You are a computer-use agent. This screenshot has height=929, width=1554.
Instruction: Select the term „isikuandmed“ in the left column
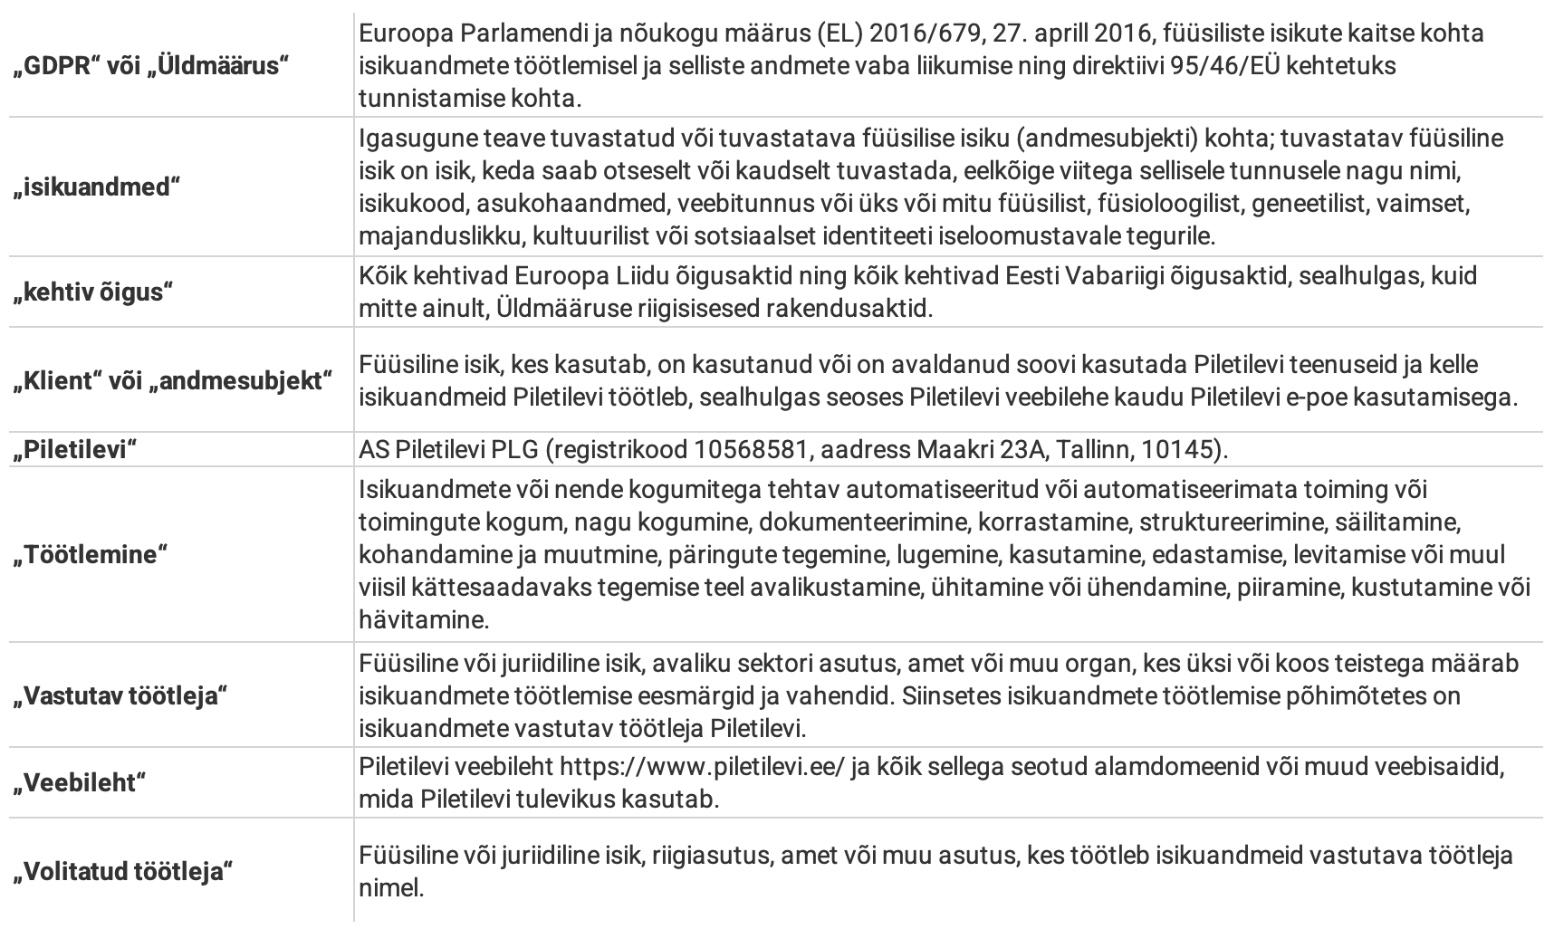(x=97, y=187)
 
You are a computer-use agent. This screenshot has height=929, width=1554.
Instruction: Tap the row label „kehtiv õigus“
(x=93, y=293)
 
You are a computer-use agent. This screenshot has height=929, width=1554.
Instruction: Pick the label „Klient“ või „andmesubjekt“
(x=173, y=380)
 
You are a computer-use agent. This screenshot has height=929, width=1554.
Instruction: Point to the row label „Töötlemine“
(x=91, y=555)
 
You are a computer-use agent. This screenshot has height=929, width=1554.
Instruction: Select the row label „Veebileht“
(x=79, y=782)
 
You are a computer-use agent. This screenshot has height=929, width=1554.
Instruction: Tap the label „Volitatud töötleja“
(x=123, y=872)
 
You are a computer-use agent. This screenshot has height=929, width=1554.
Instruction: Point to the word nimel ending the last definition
(x=391, y=887)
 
